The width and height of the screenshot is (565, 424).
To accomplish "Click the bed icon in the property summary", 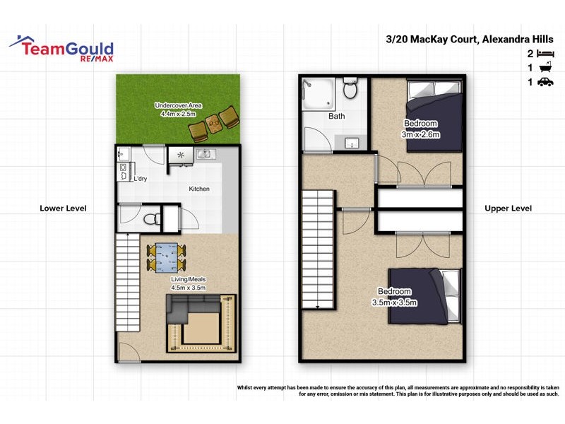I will [545, 54].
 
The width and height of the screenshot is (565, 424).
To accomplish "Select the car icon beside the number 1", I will [545, 83].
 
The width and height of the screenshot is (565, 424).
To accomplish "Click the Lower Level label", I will [63, 208].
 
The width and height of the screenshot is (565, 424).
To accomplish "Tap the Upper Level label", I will [509, 208].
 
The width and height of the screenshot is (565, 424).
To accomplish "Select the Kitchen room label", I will [199, 189].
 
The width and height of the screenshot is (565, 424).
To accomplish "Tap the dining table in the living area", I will [168, 257].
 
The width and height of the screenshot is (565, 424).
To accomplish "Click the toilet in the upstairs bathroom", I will [350, 89].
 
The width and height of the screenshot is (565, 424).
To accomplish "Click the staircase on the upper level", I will [318, 253].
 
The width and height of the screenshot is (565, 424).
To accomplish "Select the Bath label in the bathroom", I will [336, 116].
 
